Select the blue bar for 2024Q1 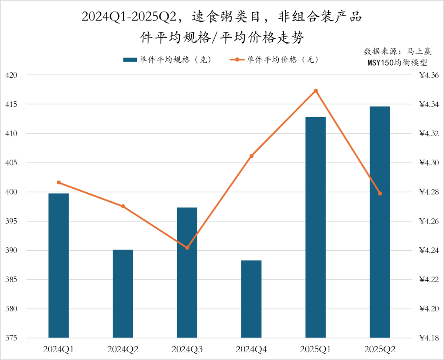pyautogui.click(x=58, y=265)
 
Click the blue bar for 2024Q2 pyautogui.click(x=123, y=294)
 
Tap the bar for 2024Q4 pyautogui.click(x=251, y=299)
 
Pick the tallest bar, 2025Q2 pyautogui.click(x=380, y=222)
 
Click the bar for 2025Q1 pyautogui.click(x=316, y=227)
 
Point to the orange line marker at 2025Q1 pyautogui.click(x=316, y=91)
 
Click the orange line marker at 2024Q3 pyautogui.click(x=187, y=248)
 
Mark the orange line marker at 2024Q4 pyautogui.click(x=252, y=156)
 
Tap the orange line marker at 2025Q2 pyautogui.click(x=380, y=194)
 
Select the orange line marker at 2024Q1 pyautogui.click(x=59, y=182)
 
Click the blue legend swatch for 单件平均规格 pyautogui.click(x=130, y=60)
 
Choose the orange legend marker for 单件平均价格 pyautogui.click(x=237, y=60)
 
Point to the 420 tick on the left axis pyautogui.click(x=12, y=75)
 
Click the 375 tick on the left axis pyautogui.click(x=12, y=338)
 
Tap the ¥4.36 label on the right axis pyautogui.click(x=429, y=75)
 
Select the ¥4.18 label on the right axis pyautogui.click(x=429, y=338)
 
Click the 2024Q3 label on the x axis pyautogui.click(x=187, y=350)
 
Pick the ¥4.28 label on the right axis pyautogui.click(x=429, y=192)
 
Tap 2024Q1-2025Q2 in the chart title pyautogui.click(x=128, y=17)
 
